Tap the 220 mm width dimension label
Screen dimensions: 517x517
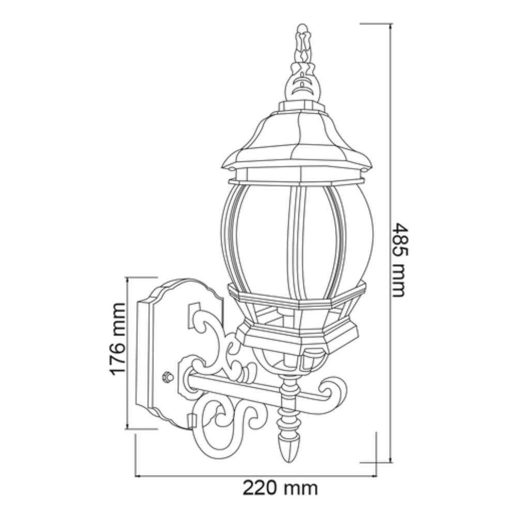click(x=280, y=487)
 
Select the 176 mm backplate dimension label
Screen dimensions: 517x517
click(x=118, y=339)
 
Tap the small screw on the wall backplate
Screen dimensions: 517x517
click(x=167, y=377)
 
